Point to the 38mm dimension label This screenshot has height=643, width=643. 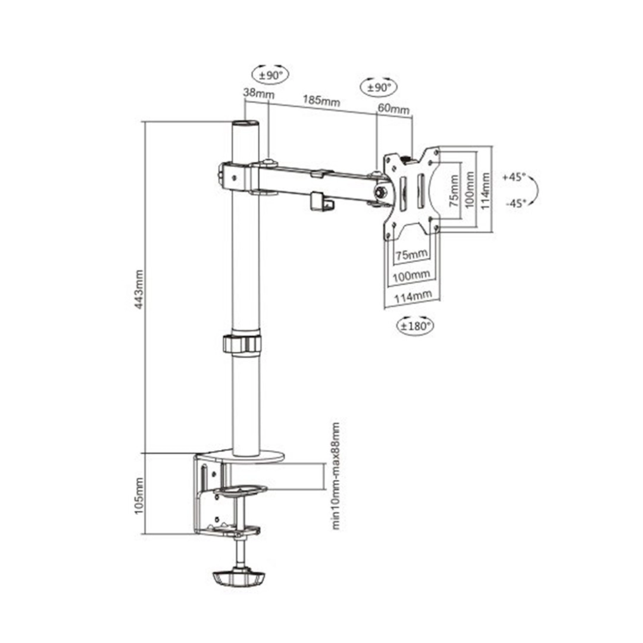pyautogui.click(x=255, y=93)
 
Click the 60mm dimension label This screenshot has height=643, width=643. pyautogui.click(x=394, y=109)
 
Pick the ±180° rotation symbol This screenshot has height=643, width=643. pyautogui.click(x=415, y=326)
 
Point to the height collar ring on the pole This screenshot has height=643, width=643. pyautogui.click(x=242, y=344)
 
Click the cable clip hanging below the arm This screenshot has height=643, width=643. pyautogui.click(x=321, y=201)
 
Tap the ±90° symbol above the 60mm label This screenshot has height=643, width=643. pyautogui.click(x=378, y=87)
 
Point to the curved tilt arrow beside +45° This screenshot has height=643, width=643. pyautogui.click(x=535, y=190)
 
